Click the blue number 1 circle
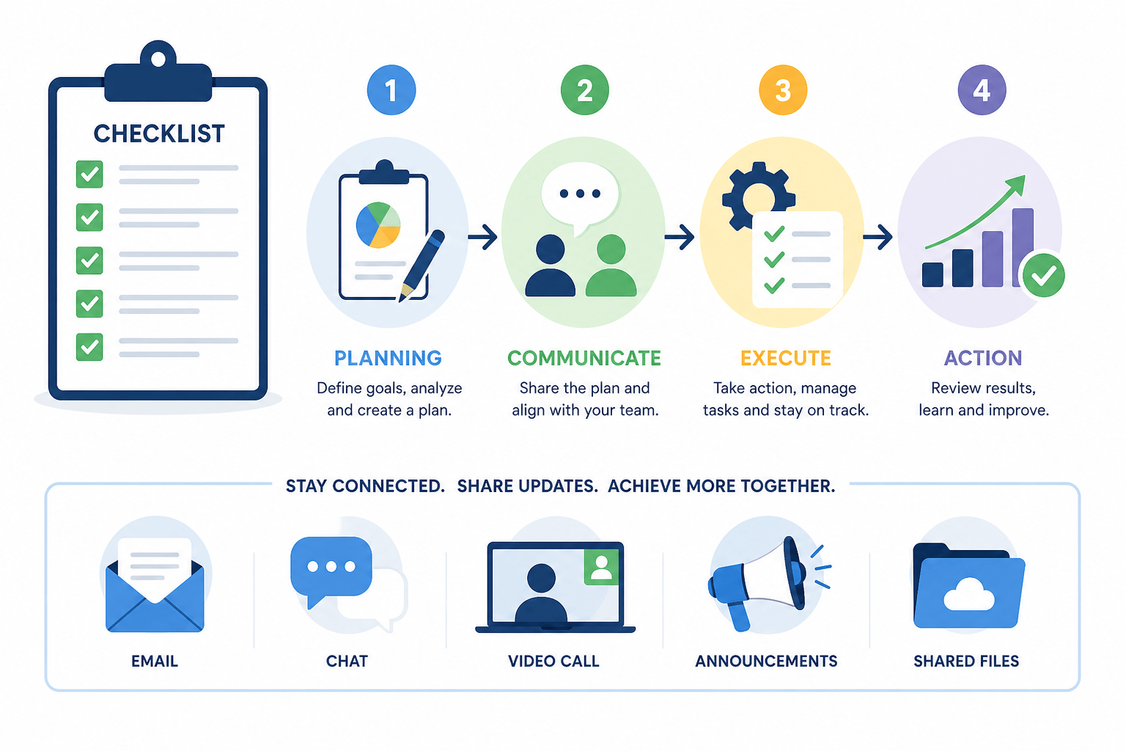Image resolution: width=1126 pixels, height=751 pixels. coord(391,90)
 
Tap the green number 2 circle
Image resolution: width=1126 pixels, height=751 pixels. coord(584,90)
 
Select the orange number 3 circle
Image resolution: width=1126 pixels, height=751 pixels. coord(783,90)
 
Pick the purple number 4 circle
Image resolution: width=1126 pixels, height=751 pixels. coord(982,90)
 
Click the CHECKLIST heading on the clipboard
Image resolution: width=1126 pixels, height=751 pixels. coord(159,133)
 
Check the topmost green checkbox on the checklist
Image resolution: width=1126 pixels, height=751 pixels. coord(89,174)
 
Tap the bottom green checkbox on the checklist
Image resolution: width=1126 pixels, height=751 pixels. coord(89,347)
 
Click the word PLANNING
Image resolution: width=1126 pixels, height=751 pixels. coord(388,358)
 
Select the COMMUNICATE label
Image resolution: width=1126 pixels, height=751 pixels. coord(584,358)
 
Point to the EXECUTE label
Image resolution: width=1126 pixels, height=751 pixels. coord(786,358)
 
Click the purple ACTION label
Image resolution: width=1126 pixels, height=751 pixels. coord(983,358)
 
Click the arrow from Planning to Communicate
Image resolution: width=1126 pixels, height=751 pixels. coord(482,237)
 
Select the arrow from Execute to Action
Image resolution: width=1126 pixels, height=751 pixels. coord(877,237)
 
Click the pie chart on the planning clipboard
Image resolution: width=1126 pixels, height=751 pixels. coord(378,225)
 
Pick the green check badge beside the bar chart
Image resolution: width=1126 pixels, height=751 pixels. coord(1044,275)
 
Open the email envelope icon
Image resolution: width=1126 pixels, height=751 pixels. coord(155,586)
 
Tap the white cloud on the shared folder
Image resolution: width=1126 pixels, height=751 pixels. coord(968,595)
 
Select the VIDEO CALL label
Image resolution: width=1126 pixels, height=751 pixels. coord(553,661)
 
